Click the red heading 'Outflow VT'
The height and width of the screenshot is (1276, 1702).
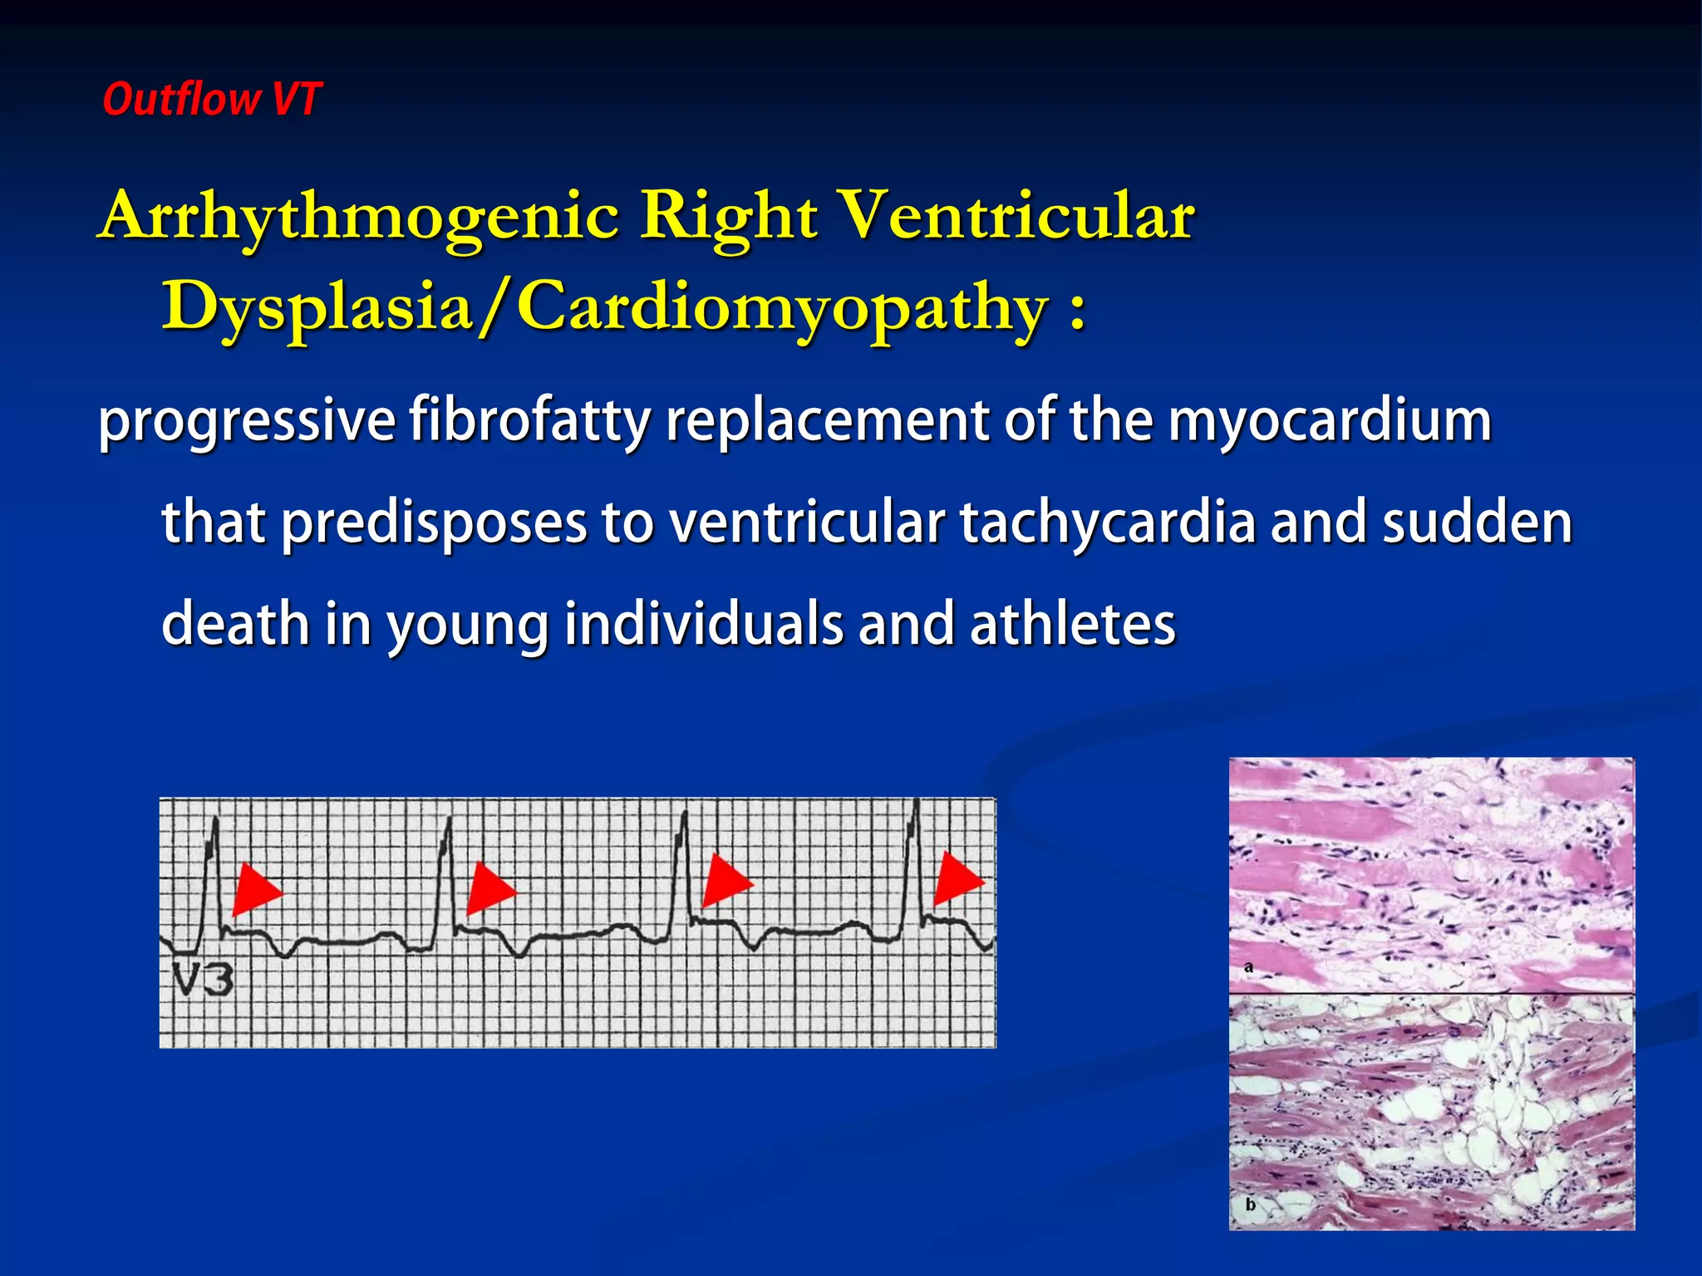pyautogui.click(x=211, y=100)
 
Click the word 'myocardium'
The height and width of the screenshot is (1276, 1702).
pyautogui.click(x=1330, y=421)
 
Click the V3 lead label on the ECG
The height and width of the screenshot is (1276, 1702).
pyautogui.click(x=204, y=980)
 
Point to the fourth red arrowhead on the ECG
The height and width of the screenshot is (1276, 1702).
pyautogui.click(x=957, y=879)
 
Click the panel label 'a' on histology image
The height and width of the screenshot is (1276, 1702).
pyautogui.click(x=1248, y=967)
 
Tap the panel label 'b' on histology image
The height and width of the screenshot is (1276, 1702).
pyautogui.click(x=1250, y=1204)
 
